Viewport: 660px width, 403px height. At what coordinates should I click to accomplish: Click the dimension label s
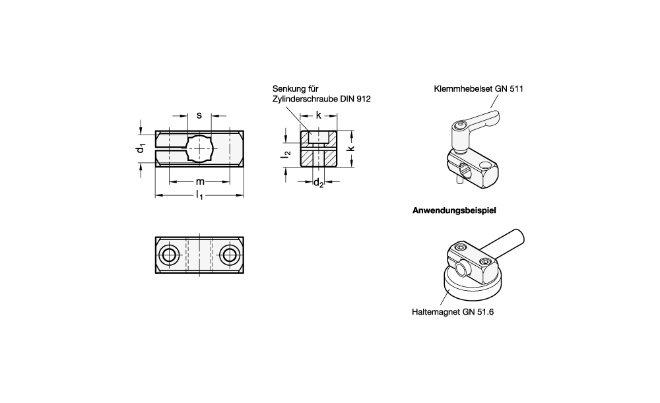tap(199, 115)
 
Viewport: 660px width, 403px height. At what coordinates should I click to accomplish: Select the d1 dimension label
tap(141, 148)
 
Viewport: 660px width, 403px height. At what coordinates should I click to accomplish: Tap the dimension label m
tap(200, 182)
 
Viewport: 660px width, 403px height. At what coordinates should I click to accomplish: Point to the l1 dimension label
tap(199, 195)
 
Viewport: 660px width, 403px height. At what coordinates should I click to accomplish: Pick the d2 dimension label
tap(319, 183)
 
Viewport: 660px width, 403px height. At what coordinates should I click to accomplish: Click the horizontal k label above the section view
tap(319, 115)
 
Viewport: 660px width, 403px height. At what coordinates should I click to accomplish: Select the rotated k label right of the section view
tap(351, 148)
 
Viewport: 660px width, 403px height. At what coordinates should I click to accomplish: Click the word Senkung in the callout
tap(290, 89)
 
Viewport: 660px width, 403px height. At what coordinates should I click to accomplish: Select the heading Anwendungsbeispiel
tap(454, 210)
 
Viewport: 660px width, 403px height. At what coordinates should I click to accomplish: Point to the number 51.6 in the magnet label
tap(485, 312)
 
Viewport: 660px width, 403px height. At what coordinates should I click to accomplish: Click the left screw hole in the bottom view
tap(169, 255)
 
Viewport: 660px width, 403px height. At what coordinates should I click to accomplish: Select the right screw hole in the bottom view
tap(230, 255)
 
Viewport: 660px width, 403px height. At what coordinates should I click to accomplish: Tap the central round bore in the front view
tap(200, 149)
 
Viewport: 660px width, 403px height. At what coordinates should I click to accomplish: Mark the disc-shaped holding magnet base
tap(471, 286)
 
